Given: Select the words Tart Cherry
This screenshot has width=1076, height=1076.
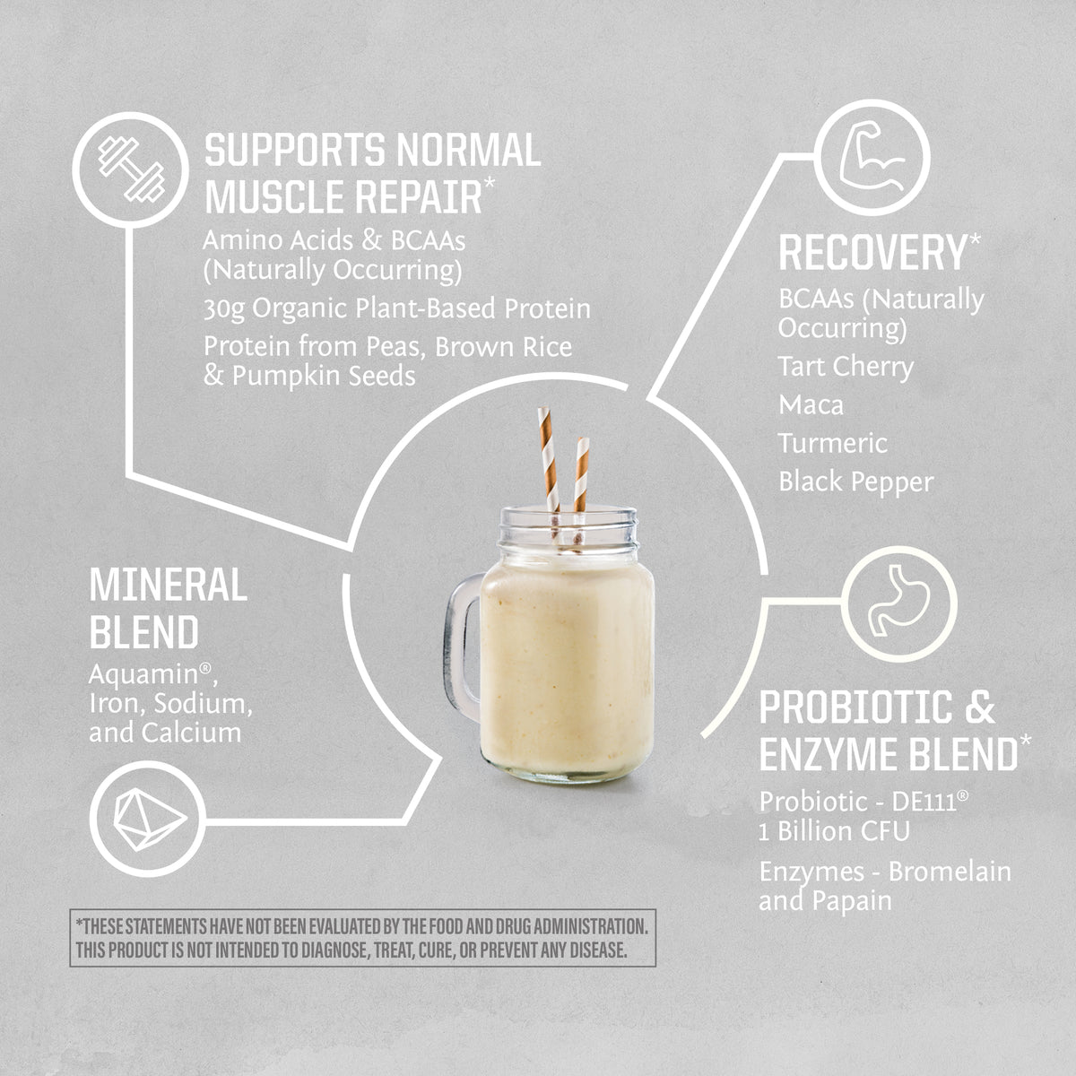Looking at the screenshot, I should click(846, 367).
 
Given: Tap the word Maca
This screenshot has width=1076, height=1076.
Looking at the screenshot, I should click(811, 405).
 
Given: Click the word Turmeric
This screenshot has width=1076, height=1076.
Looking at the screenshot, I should click(832, 443).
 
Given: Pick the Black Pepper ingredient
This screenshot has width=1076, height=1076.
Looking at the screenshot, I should click(855, 482).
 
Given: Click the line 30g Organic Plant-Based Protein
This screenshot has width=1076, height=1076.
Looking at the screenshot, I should click(396, 308).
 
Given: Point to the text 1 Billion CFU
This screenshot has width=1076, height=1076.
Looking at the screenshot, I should click(834, 831).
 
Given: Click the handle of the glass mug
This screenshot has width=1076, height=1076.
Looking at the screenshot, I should click(464, 646).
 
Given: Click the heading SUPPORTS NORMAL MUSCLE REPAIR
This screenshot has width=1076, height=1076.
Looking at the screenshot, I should click(372, 173).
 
